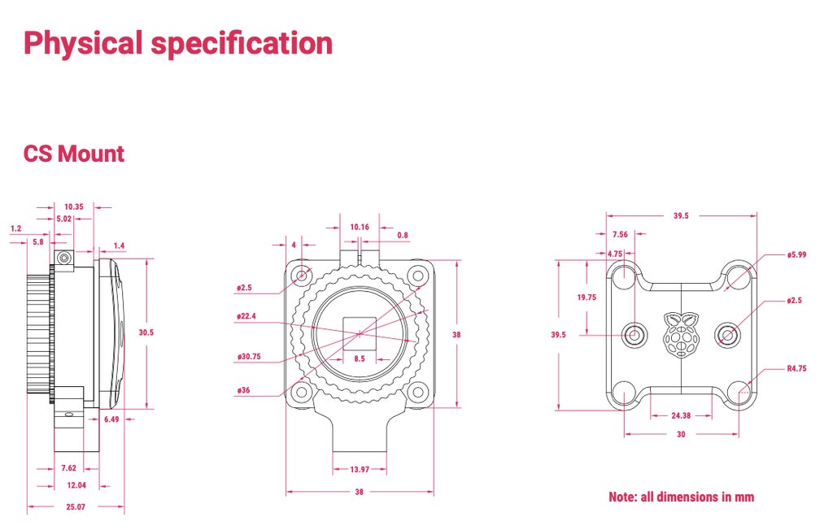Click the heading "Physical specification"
pos(178,43)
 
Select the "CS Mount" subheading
pos(74,154)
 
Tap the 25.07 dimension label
pos(75,507)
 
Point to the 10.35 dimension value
pos(74,207)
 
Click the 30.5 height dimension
pos(146,332)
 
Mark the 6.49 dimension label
pos(112,419)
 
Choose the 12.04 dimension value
pos(76,485)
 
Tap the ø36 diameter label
pos(243,390)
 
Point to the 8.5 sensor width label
pos(359,358)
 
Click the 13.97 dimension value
pos(360,470)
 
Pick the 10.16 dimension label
pos(360,227)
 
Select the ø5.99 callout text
pos(797,255)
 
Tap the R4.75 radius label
pos(796,368)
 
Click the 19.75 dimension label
pos(587,298)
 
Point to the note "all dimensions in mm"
pos(681,497)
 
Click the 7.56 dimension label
pos(620,235)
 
